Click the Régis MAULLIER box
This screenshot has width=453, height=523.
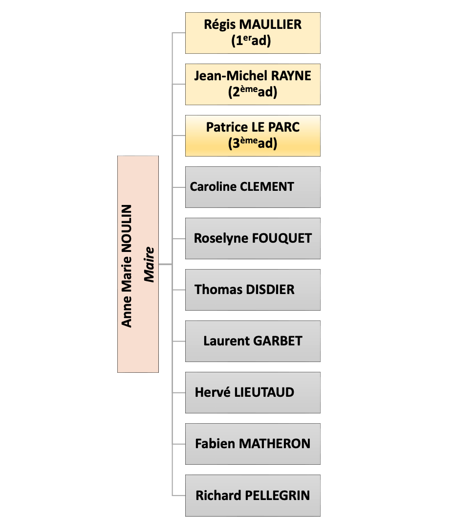253,33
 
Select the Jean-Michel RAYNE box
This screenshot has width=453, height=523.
253,84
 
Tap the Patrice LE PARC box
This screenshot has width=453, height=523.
253,136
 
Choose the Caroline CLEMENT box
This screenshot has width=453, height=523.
253,187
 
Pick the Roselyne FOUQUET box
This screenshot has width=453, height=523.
253,238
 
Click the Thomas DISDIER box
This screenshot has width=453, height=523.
253,290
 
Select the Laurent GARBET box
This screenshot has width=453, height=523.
253,341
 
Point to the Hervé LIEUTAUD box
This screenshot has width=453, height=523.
253,392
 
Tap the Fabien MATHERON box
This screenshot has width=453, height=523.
253,444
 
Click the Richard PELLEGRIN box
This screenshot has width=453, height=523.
253,495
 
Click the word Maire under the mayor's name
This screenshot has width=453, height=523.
149,265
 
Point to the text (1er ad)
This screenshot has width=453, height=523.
251,41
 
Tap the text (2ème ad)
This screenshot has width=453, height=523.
253,92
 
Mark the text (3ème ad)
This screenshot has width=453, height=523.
253,143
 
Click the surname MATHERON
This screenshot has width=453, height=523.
274,444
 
